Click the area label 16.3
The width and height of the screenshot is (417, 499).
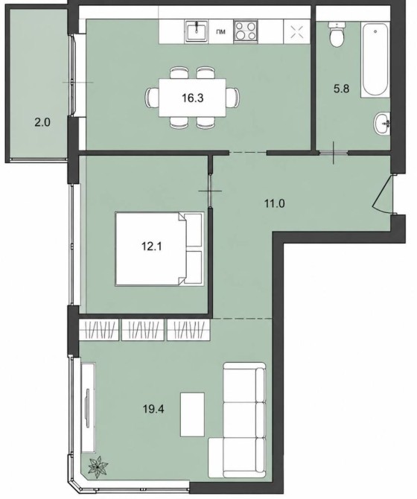(x=193, y=98)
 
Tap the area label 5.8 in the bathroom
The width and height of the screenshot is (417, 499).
(x=341, y=89)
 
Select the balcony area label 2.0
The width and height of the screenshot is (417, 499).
(x=42, y=122)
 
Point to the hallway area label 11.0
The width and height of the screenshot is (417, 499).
(x=275, y=203)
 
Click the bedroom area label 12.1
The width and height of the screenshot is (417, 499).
(x=152, y=247)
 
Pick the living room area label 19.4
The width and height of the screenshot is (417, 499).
(x=153, y=409)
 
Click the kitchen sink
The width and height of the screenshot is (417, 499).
(x=197, y=31)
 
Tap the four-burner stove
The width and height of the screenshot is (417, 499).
(x=246, y=31)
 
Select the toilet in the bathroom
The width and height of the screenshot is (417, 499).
(x=337, y=34)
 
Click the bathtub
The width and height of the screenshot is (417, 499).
(x=375, y=60)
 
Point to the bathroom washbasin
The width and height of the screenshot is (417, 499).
(x=382, y=124)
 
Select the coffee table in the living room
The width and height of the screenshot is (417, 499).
(x=192, y=414)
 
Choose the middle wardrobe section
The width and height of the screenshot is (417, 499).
(x=143, y=330)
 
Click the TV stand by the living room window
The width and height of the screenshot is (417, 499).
(x=88, y=407)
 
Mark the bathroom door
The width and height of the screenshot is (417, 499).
(x=334, y=153)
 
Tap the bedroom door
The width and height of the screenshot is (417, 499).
(x=210, y=191)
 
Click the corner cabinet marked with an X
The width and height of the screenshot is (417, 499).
(x=297, y=31)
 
